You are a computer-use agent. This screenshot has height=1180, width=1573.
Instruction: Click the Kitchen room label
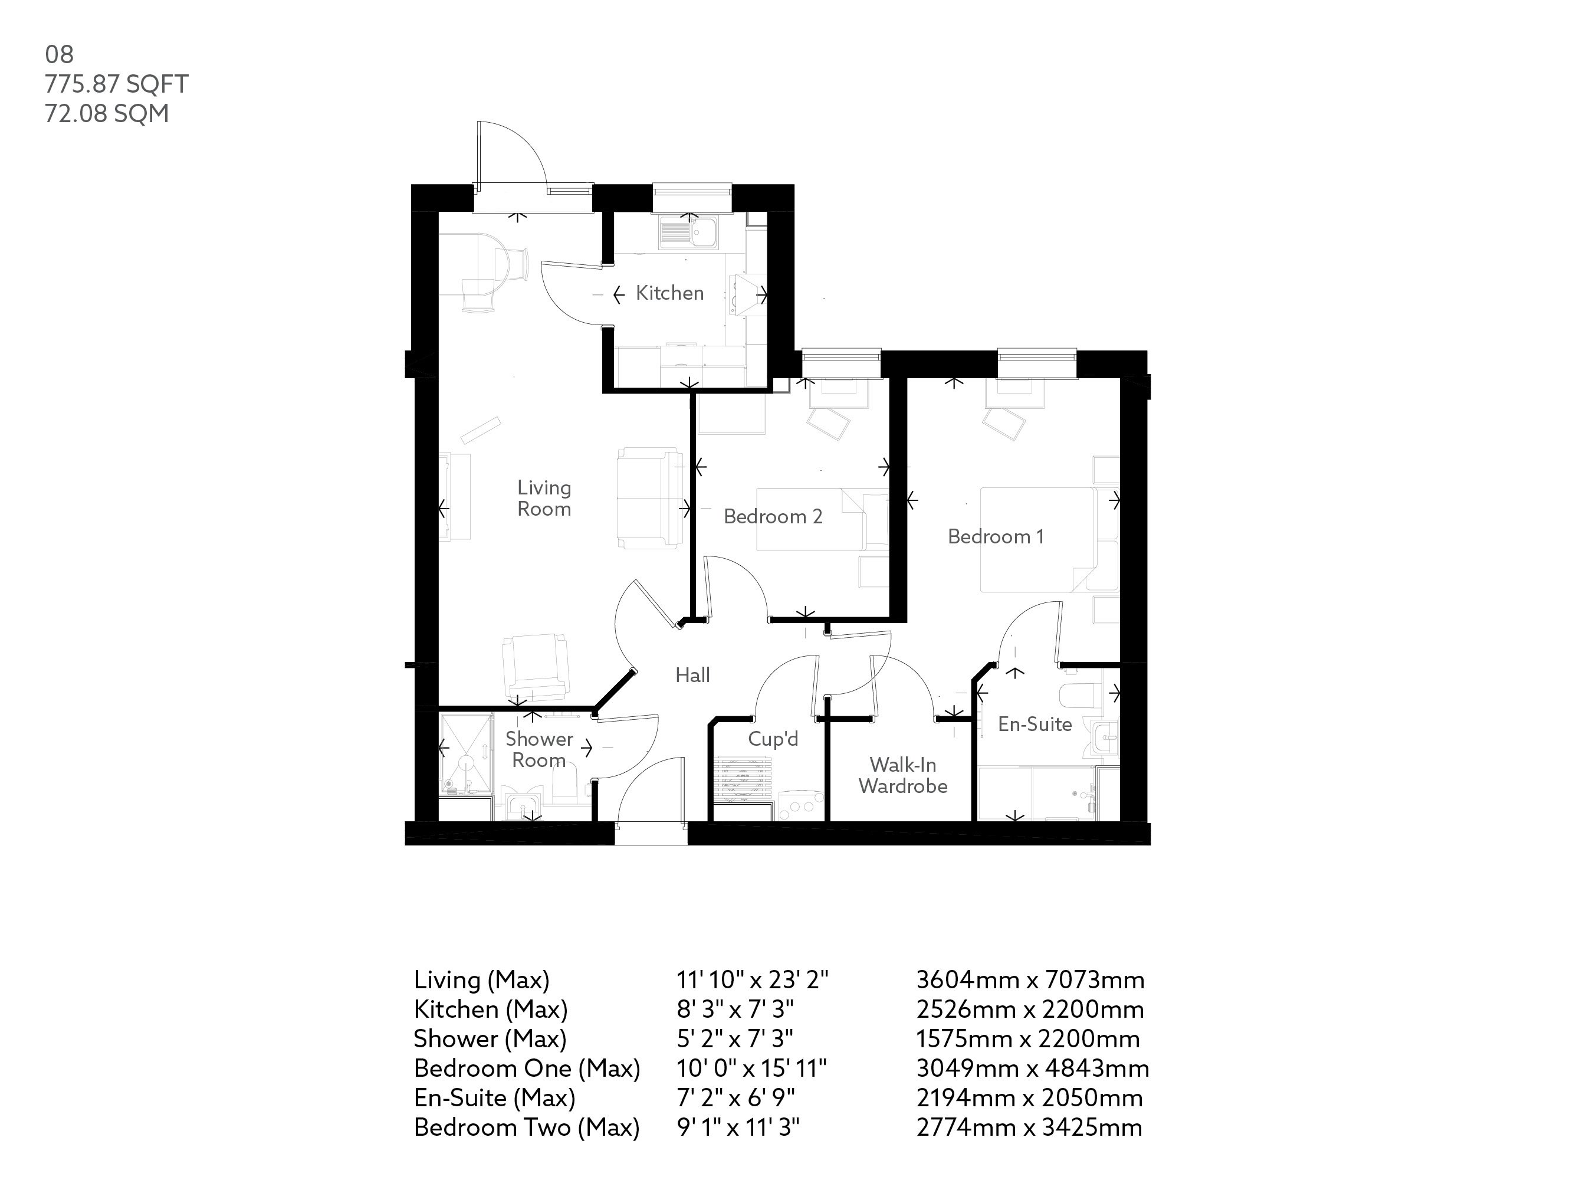click(x=669, y=293)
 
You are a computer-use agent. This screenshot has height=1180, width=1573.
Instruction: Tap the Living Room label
click(x=544, y=498)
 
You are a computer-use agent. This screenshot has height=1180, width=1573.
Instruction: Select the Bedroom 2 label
click(x=773, y=516)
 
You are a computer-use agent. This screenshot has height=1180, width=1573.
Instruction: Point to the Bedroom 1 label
click(x=996, y=536)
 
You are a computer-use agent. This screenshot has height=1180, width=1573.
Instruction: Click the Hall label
click(x=692, y=675)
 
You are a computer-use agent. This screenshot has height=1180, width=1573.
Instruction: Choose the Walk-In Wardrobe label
click(x=902, y=775)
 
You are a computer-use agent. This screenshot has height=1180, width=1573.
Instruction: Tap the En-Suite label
click(x=1035, y=724)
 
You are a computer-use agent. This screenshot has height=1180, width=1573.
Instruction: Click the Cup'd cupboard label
click(x=773, y=739)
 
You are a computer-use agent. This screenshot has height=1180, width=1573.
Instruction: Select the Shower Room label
click(x=539, y=750)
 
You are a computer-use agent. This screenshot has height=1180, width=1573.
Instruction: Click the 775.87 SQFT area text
click(x=117, y=84)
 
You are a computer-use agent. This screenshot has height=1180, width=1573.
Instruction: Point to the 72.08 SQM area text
click(x=107, y=114)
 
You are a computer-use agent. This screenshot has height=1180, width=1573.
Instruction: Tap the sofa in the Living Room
click(x=649, y=498)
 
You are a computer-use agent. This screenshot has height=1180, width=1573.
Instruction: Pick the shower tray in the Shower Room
click(x=466, y=754)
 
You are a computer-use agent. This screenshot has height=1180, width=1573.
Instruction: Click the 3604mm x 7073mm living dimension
click(x=1030, y=980)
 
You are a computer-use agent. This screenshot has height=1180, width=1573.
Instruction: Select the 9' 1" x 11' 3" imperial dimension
click(x=737, y=1127)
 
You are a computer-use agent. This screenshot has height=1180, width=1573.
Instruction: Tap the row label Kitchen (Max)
click(x=491, y=1009)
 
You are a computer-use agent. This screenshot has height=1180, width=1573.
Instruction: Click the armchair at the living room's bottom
click(x=535, y=667)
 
